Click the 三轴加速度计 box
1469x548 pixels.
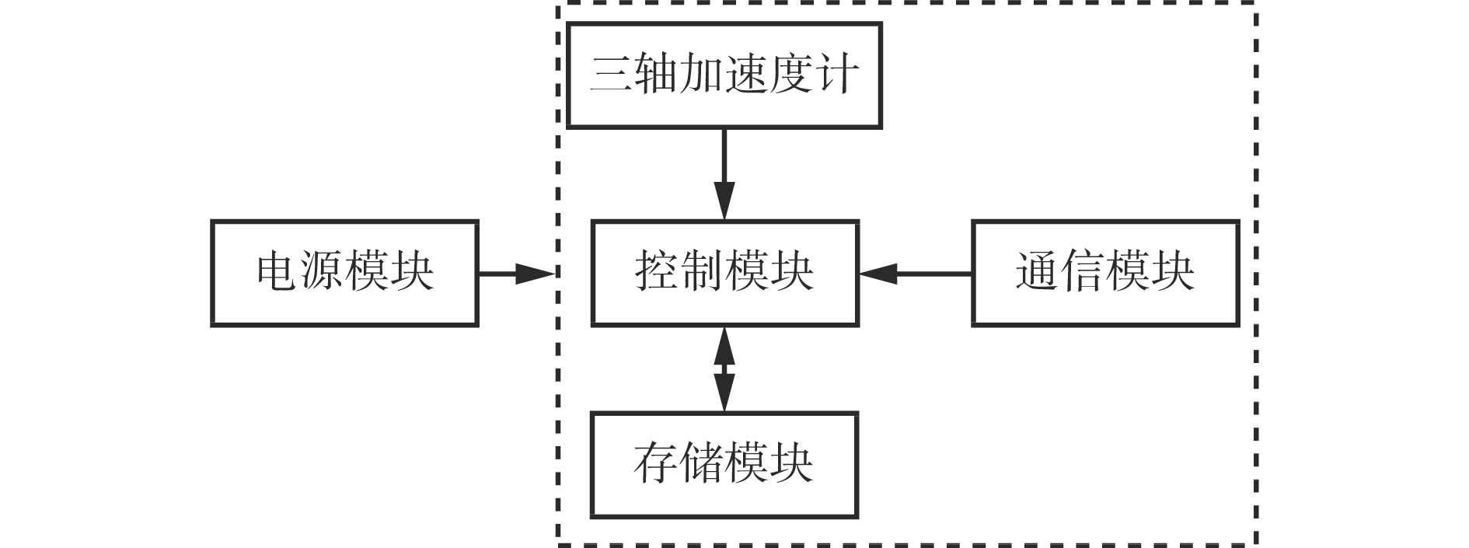724,75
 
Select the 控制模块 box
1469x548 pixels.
724,273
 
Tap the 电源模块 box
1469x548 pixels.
344,273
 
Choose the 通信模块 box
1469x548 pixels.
1104,273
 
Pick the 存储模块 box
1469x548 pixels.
724,464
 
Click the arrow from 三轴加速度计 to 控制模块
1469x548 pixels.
724,174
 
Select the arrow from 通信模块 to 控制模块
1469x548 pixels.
915,273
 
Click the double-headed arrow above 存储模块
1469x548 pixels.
724,368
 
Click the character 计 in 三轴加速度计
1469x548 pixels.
837,75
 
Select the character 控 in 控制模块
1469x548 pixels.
658,272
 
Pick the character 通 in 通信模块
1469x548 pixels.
1038,272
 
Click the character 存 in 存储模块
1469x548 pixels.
657,464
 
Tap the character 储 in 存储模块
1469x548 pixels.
702,464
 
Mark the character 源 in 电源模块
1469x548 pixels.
323,272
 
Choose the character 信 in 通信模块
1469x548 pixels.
1083,272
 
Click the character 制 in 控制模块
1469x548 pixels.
703,272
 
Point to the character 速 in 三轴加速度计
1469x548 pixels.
747,75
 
